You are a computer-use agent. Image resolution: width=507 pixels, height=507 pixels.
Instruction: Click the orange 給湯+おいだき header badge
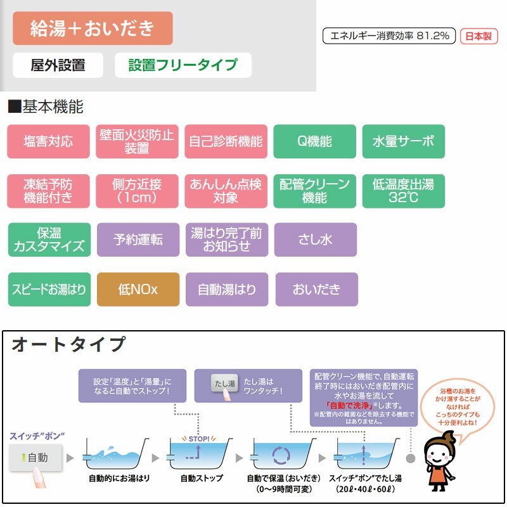[x=93, y=28]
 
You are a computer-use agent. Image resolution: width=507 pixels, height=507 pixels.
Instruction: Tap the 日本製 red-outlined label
[x=478, y=36]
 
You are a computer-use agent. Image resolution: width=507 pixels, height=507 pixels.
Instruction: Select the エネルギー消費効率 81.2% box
[x=389, y=35]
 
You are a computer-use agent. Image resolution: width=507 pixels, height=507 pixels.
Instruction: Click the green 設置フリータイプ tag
[x=183, y=65]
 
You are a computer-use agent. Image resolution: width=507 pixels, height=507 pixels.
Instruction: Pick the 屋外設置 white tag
[x=58, y=65]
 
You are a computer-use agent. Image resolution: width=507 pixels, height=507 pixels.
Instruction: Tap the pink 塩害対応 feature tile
[x=49, y=141]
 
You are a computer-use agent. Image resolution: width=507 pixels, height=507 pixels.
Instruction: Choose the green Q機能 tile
[x=314, y=141]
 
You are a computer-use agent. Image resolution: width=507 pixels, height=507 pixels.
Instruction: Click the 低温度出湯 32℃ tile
[x=404, y=191]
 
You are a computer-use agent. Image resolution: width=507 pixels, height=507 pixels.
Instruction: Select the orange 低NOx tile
[x=138, y=290]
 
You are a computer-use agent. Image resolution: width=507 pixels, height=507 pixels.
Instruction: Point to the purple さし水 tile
[x=316, y=240]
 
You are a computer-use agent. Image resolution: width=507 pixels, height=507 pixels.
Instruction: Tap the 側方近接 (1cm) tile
[x=137, y=191]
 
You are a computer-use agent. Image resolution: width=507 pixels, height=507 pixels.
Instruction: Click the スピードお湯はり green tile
[x=49, y=290]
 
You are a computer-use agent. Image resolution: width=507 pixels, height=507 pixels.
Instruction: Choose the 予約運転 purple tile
[x=138, y=240]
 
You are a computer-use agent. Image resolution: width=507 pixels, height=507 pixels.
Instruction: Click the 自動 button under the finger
[x=35, y=457]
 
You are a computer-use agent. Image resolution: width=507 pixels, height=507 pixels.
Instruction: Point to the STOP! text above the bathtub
[x=199, y=439]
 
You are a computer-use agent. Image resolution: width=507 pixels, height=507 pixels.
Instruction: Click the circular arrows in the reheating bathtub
[x=281, y=455]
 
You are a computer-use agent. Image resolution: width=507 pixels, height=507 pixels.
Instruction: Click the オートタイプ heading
[x=68, y=343]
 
